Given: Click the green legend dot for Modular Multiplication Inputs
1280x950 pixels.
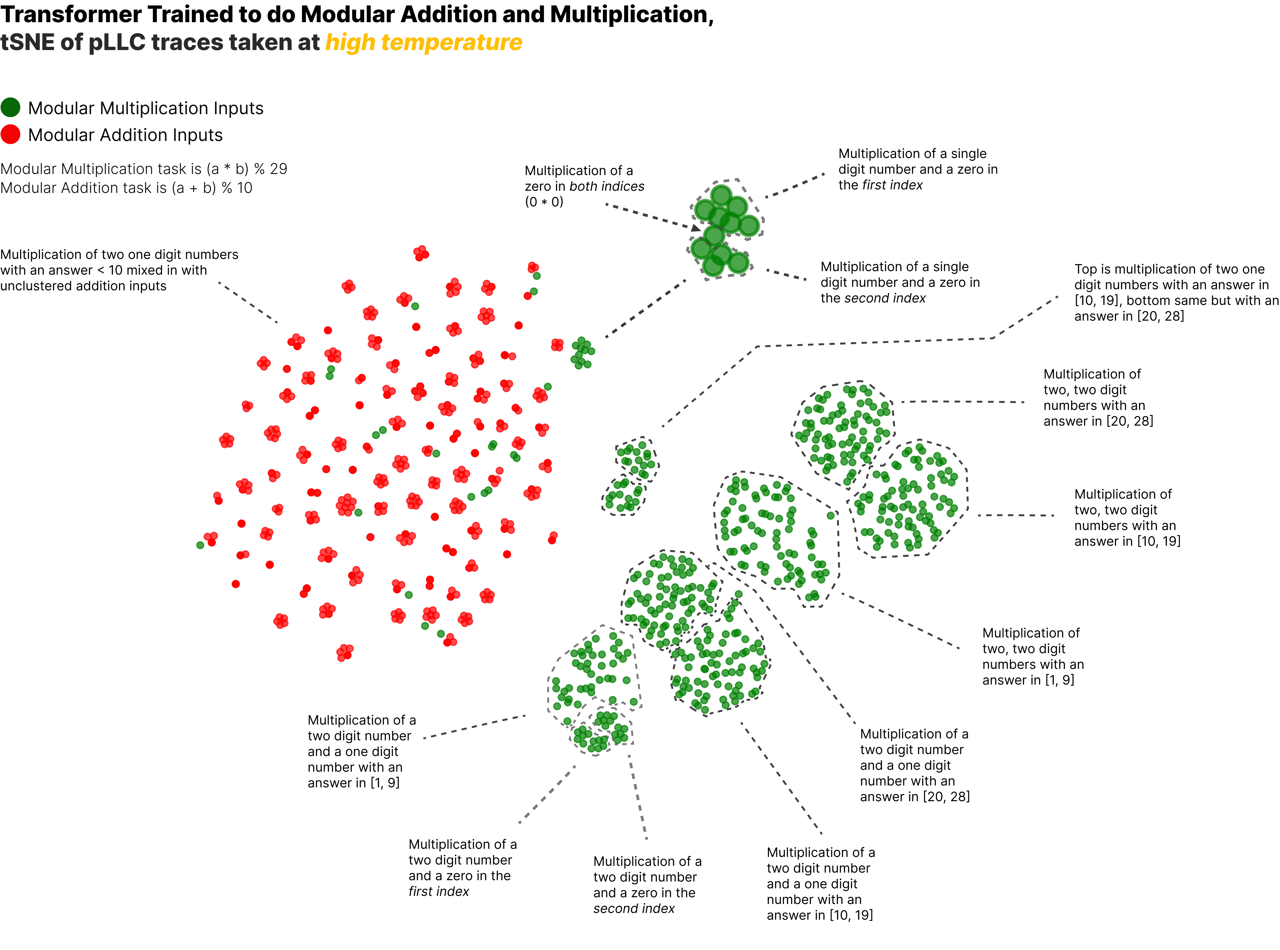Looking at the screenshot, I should pos(10,107).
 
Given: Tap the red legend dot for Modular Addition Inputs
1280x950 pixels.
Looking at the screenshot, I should pos(10,134).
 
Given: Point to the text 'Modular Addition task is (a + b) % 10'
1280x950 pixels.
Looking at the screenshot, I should pos(127,188).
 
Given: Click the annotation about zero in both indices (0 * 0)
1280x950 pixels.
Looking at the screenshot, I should pos(584,186).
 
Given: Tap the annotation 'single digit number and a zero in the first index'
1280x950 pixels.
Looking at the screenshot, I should pos(918,169).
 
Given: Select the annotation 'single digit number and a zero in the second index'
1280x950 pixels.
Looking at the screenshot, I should pos(900,282).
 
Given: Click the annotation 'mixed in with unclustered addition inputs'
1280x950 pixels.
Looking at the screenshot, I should pos(119,270).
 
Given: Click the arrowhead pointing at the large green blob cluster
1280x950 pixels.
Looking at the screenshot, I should pos(696,228).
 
